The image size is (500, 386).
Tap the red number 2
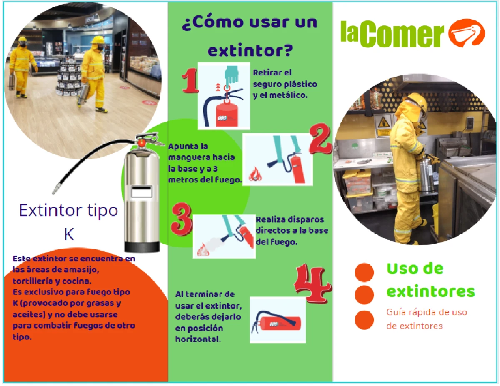tap(320, 139)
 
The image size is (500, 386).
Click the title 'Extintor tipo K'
tap(69, 221)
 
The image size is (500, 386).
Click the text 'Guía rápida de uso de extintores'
tap(427, 319)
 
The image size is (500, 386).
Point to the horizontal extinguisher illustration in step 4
tap(277, 320)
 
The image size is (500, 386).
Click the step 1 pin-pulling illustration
tap(224, 96)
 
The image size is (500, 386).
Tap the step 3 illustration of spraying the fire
tap(224, 236)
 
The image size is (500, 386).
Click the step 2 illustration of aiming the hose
tap(278, 159)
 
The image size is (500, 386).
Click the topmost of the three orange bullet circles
tap(364, 271)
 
